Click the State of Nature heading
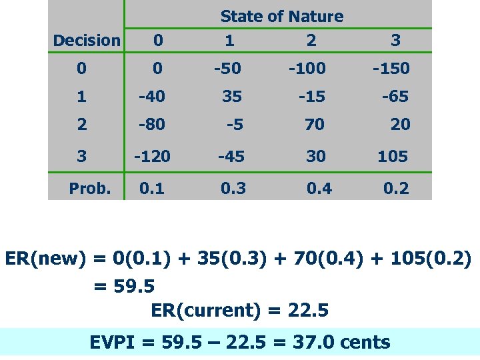pyautogui.click(x=281, y=17)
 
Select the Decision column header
pyautogui.click(x=87, y=41)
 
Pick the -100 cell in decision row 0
pyautogui.click(x=307, y=69)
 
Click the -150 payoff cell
pyautogui.click(x=391, y=69)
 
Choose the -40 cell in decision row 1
pyautogui.click(x=152, y=97)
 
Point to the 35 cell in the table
pyautogui.click(x=232, y=97)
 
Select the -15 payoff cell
pyautogui.click(x=311, y=97)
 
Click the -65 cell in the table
pyautogui.click(x=395, y=97)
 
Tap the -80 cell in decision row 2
pyautogui.click(x=152, y=125)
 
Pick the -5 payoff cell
pyautogui.click(x=233, y=125)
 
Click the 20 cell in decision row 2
pyautogui.click(x=401, y=125)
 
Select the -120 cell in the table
pyautogui.click(x=152, y=157)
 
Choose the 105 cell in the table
pyautogui.click(x=393, y=157)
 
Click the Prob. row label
pyautogui.click(x=90, y=189)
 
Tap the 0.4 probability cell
pyautogui.click(x=319, y=189)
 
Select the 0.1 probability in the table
pyautogui.click(x=151, y=189)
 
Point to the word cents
pyautogui.click(x=365, y=343)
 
